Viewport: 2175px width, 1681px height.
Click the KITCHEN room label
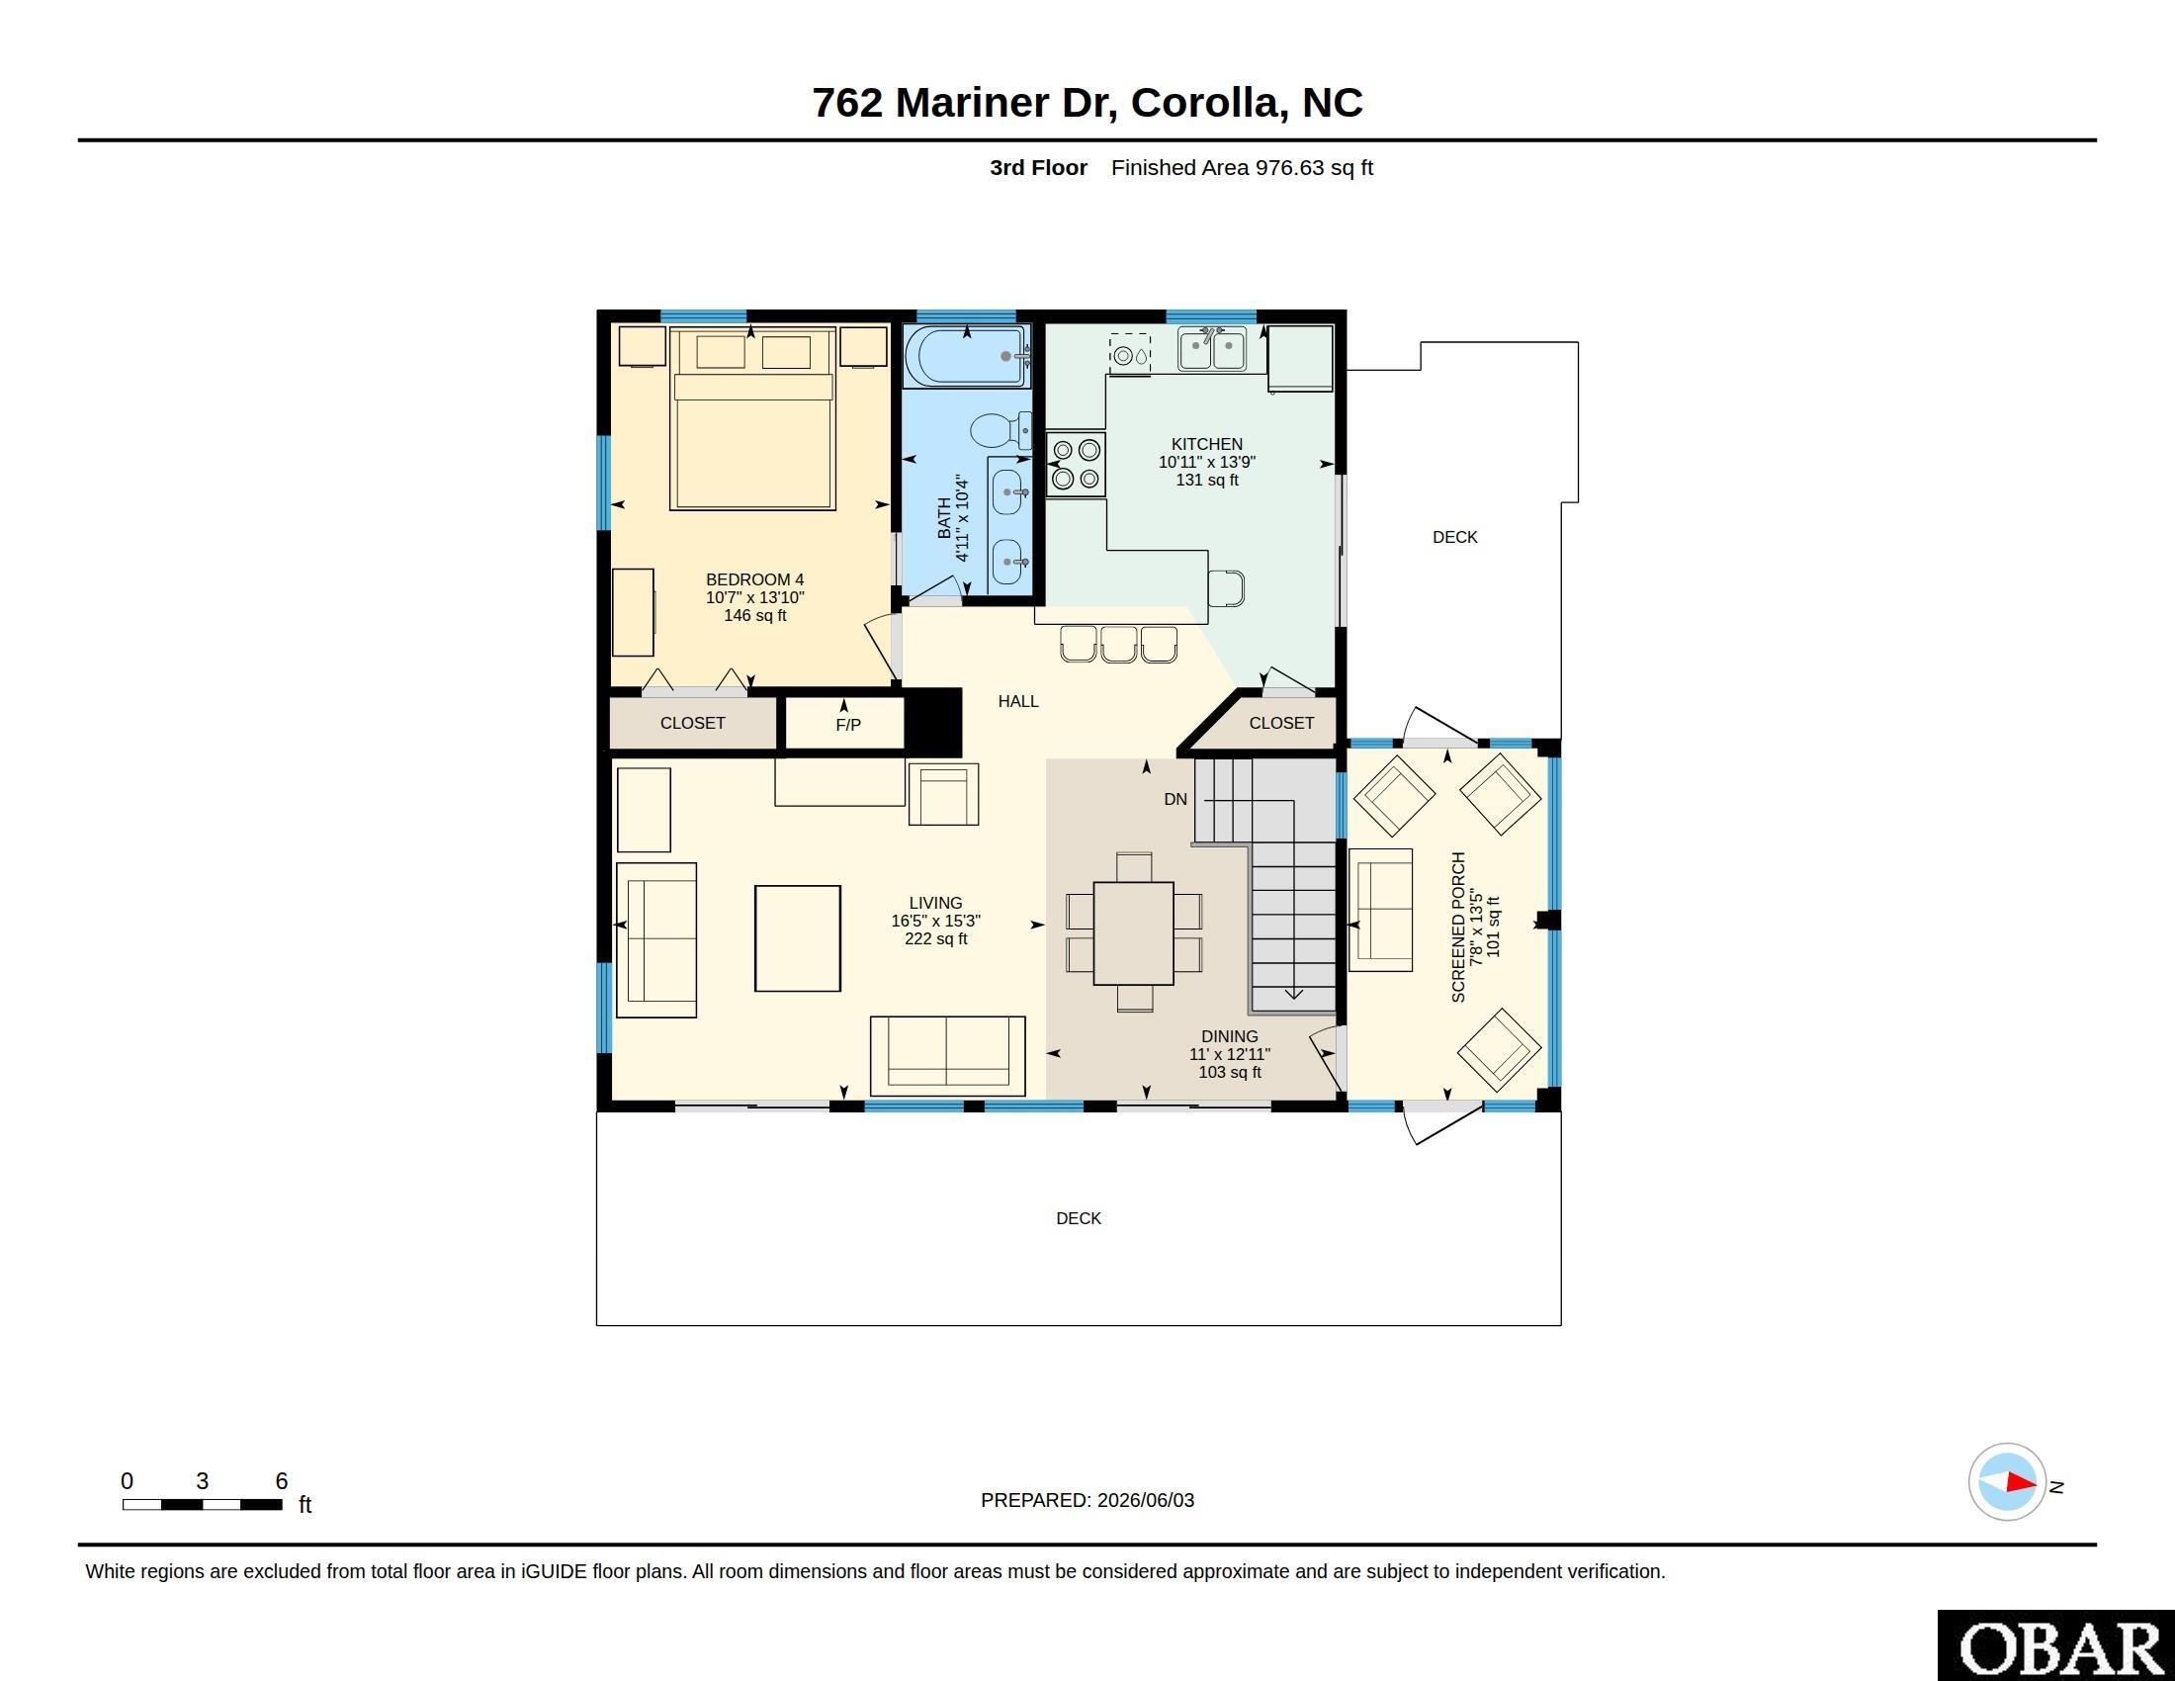(x=1206, y=444)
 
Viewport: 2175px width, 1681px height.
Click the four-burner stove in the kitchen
(x=1076, y=464)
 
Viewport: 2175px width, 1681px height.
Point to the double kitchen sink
(x=1212, y=349)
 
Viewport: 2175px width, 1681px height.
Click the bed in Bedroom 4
(x=752, y=418)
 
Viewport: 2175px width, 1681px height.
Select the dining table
(x=1133, y=933)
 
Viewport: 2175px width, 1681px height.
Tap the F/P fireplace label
(x=848, y=725)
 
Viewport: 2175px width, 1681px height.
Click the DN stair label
(x=1175, y=799)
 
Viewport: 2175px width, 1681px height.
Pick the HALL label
(x=1017, y=701)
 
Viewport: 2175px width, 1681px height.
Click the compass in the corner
(x=2008, y=1482)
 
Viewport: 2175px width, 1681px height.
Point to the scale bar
(x=202, y=1505)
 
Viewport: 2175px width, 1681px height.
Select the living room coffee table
(x=798, y=938)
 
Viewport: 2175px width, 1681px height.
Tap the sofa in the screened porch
(x=1380, y=910)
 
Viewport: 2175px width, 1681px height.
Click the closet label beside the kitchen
(x=1280, y=723)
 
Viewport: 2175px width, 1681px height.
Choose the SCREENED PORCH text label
(x=1458, y=928)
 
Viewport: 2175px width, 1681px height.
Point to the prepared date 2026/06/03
(x=1145, y=1500)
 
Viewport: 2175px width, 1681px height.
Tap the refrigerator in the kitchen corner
(x=1301, y=358)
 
